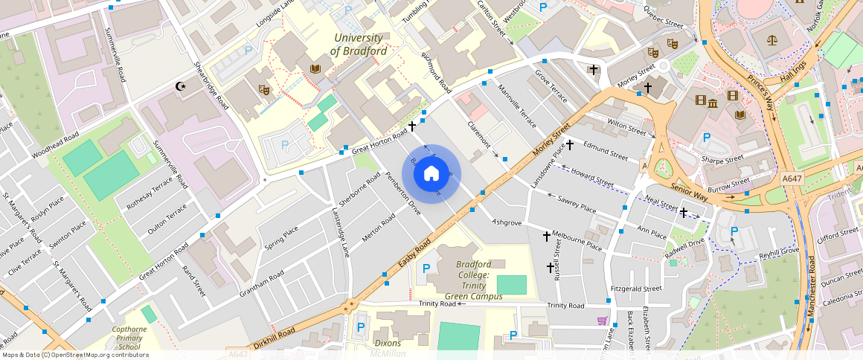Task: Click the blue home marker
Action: point(431,174)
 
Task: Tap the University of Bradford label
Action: point(359,45)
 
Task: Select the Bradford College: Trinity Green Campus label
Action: point(473,280)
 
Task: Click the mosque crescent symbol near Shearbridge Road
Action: point(180,86)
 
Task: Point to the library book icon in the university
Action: point(315,68)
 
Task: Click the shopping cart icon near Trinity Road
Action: point(602,321)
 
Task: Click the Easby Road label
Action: point(414,254)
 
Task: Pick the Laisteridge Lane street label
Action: point(340,232)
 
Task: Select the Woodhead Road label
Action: point(55,147)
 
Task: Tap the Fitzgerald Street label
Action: point(635,289)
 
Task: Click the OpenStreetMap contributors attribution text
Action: point(74,355)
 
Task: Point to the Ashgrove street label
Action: point(507,222)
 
